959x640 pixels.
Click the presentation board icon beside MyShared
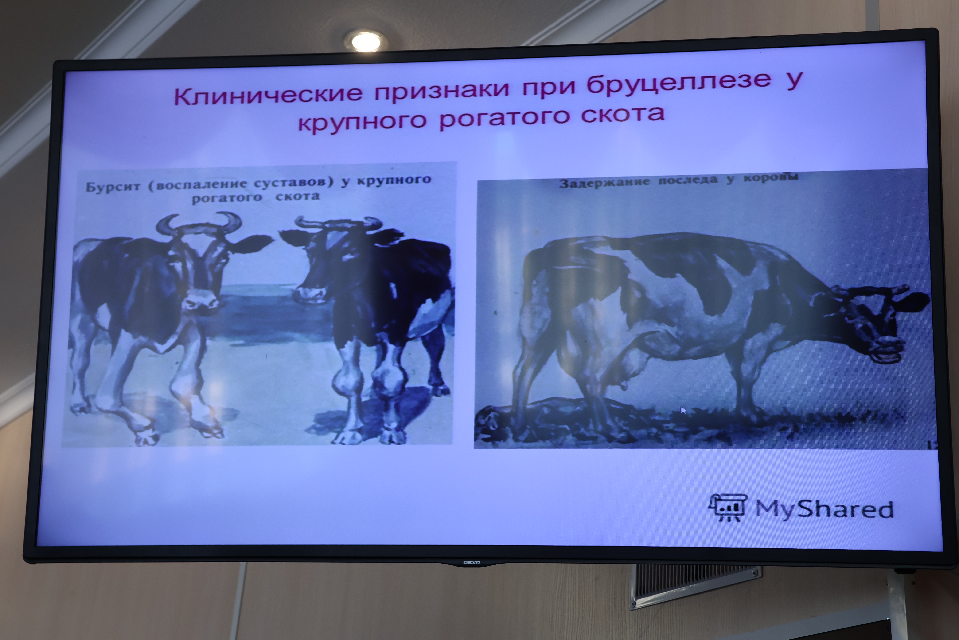click(x=728, y=507)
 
